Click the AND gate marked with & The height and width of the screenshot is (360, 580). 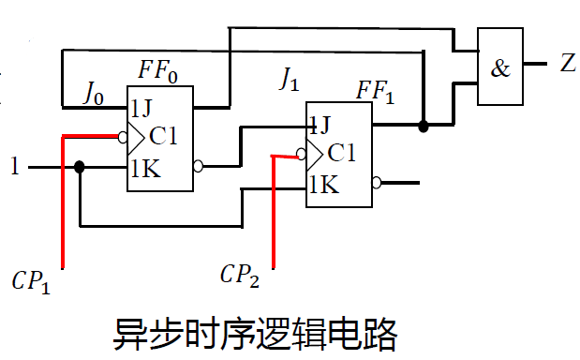(501, 67)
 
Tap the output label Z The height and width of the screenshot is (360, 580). (568, 64)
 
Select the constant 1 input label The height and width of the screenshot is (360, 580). (14, 168)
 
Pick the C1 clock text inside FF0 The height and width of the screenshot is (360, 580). (163, 137)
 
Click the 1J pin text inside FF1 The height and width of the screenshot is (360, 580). (320, 123)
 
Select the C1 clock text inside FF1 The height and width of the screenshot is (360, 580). (342, 153)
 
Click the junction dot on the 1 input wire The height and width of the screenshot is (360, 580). (80, 167)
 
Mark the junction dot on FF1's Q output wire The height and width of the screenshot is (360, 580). (424, 125)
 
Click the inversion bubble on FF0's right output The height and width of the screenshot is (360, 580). (198, 167)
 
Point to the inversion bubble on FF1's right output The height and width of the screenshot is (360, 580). (377, 183)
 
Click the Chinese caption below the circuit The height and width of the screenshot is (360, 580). (255, 333)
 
